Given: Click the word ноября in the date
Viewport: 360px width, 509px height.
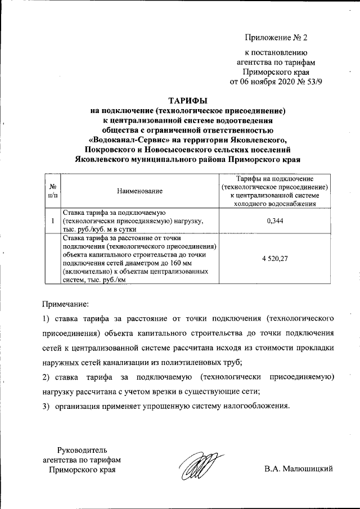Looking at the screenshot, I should click(x=255, y=81).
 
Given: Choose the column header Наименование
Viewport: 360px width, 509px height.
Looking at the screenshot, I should click(x=139, y=191).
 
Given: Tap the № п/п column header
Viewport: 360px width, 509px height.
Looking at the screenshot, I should click(x=52, y=191).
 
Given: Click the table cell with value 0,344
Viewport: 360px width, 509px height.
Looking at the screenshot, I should click(x=275, y=221).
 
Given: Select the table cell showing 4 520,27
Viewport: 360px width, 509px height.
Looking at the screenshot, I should click(x=275, y=259).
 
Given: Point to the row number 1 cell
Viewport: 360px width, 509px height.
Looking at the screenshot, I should click(x=52, y=221).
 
